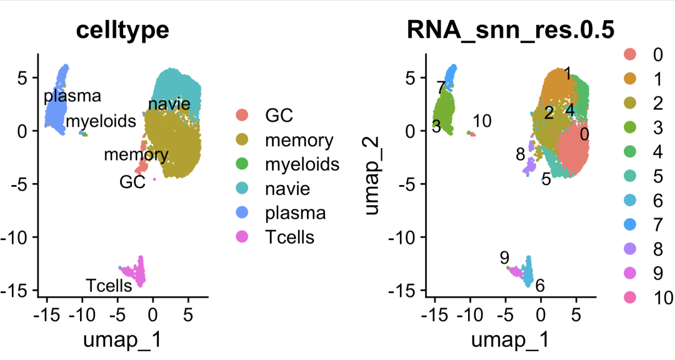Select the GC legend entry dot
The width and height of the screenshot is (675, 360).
[242, 115]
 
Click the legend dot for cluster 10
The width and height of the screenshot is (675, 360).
[630, 296]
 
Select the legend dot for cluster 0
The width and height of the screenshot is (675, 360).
[630, 55]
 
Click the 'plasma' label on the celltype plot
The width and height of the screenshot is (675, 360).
[72, 97]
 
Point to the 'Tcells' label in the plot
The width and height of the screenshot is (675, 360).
[109, 286]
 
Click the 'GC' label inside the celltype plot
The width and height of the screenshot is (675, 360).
[132, 182]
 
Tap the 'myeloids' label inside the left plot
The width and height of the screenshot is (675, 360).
[101, 121]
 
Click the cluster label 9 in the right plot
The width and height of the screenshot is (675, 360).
[504, 257]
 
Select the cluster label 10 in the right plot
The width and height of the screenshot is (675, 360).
[482, 121]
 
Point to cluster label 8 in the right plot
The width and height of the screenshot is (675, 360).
[520, 154]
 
